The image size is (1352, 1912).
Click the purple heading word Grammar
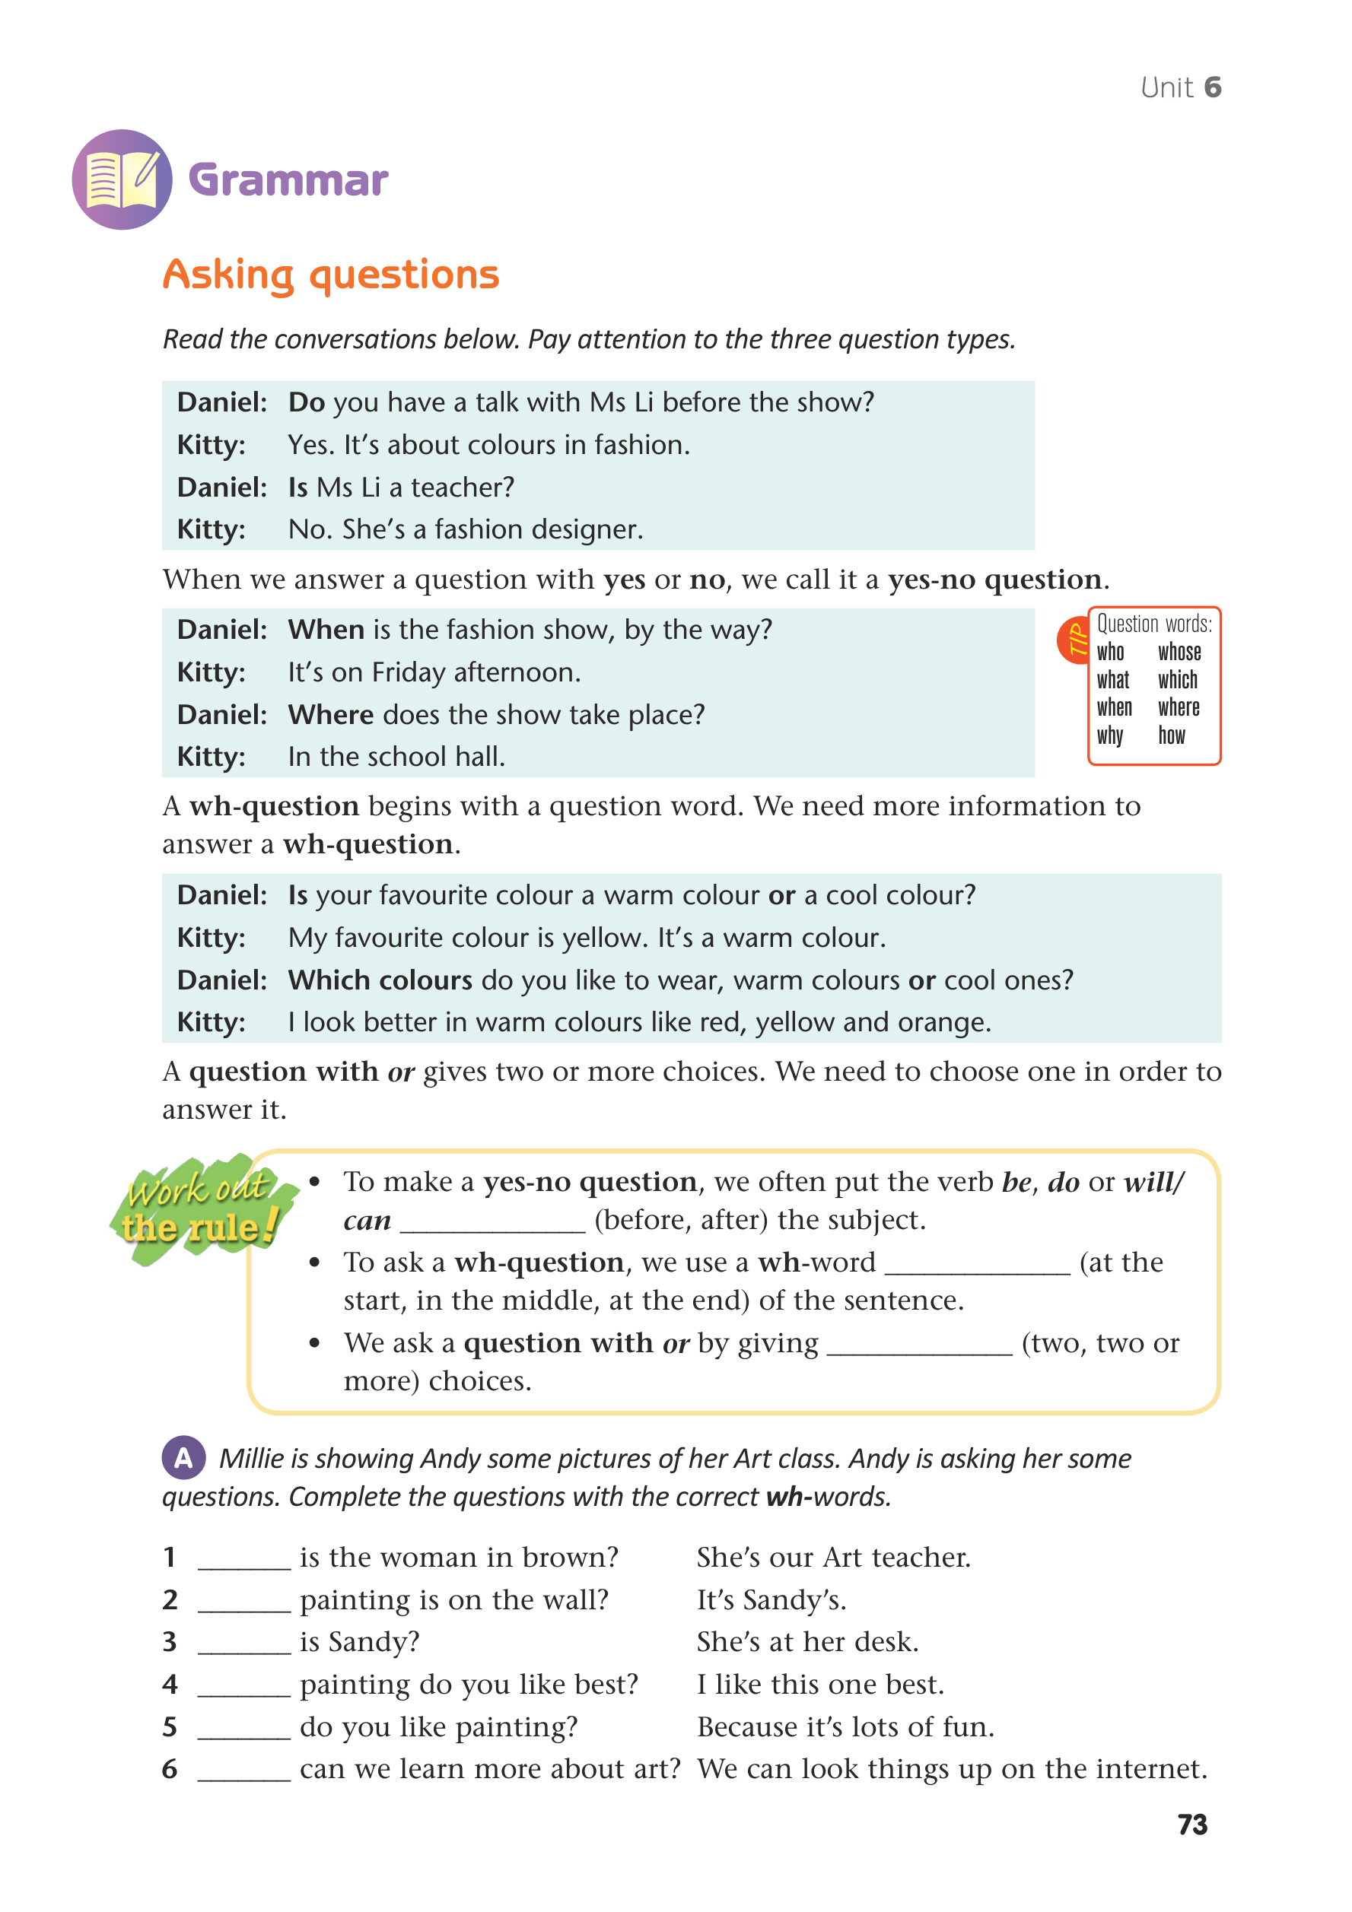point(288,180)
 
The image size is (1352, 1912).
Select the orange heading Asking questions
point(331,275)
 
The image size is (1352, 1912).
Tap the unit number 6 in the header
point(1212,87)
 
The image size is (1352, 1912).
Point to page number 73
point(1192,1825)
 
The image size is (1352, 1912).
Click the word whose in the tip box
point(1179,652)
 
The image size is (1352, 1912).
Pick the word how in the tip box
point(1171,735)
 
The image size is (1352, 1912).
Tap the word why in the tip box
point(1109,735)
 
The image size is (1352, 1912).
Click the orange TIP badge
point(1074,640)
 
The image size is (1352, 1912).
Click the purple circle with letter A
point(183,1457)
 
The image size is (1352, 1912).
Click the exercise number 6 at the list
point(170,1769)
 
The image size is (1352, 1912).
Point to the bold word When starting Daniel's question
point(326,630)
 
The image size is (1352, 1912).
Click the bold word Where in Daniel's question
point(331,714)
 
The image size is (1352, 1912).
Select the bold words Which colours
point(380,980)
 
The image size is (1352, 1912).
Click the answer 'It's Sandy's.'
point(771,1599)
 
